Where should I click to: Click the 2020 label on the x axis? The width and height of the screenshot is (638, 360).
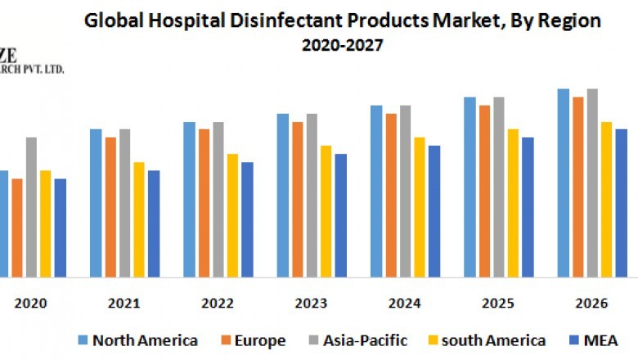pos(30,304)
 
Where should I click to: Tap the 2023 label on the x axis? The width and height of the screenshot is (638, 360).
pos(311,304)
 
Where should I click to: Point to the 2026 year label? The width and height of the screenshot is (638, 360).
pos(591,304)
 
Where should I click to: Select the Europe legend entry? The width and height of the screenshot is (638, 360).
pos(257,340)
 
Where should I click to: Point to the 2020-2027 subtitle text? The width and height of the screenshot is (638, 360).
pos(340,46)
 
